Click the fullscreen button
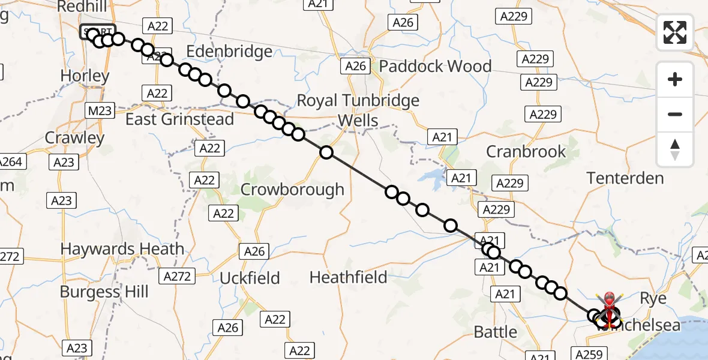675,32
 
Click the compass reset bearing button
675,149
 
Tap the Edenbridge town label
230,52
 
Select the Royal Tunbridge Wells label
358,110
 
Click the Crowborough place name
292,190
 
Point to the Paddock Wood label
436,66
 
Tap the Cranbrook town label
526,151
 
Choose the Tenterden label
625,178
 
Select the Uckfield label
250,278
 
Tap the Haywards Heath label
122,248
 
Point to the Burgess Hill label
104,292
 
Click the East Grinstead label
179,119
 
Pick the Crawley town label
75,137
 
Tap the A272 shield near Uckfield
178,276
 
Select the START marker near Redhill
97,31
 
